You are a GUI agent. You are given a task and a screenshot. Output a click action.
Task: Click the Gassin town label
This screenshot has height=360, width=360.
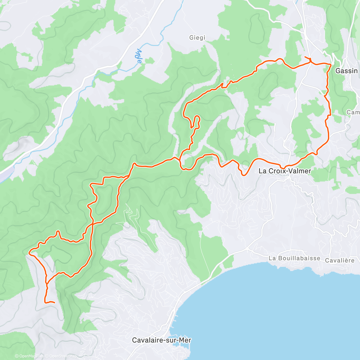346,71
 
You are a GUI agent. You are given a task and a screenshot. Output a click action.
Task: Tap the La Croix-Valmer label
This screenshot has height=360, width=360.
285,171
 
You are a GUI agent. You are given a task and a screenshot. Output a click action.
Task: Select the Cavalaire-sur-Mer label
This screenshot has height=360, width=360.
162,340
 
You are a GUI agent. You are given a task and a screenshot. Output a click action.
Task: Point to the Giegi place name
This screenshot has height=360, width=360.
197,37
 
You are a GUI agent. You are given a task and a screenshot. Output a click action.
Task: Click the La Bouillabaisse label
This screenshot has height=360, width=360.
294,258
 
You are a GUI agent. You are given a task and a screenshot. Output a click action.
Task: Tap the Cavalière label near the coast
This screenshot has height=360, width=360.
340,260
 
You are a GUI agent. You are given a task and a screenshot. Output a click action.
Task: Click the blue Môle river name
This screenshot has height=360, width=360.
138,56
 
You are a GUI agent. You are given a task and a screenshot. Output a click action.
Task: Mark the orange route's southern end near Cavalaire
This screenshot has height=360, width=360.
55,303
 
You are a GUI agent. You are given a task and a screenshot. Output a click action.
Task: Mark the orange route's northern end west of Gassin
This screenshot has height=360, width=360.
305,57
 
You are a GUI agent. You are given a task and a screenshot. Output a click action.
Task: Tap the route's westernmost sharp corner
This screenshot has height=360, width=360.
29,253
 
